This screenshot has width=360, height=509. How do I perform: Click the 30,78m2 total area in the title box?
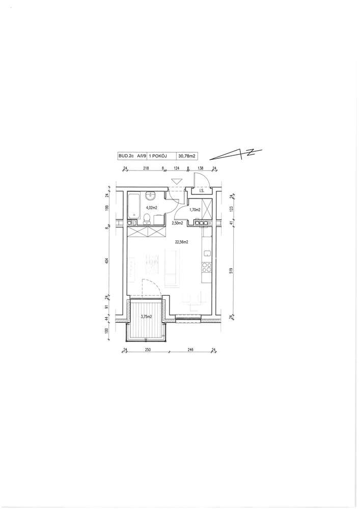(187, 156)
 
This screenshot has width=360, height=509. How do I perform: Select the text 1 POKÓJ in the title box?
(158, 156)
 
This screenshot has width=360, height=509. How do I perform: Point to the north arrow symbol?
(236, 154)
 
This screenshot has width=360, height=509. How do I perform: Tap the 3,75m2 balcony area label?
(147, 317)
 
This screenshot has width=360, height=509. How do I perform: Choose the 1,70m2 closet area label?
(195, 210)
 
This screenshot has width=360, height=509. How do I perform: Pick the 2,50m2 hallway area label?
(177, 223)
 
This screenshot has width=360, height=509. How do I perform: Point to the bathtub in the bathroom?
(133, 206)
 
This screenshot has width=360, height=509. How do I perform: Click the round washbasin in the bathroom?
(151, 195)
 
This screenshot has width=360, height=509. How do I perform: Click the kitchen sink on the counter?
(207, 253)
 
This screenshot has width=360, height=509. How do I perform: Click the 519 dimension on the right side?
(232, 270)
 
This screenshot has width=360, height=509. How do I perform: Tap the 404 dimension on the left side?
(107, 261)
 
